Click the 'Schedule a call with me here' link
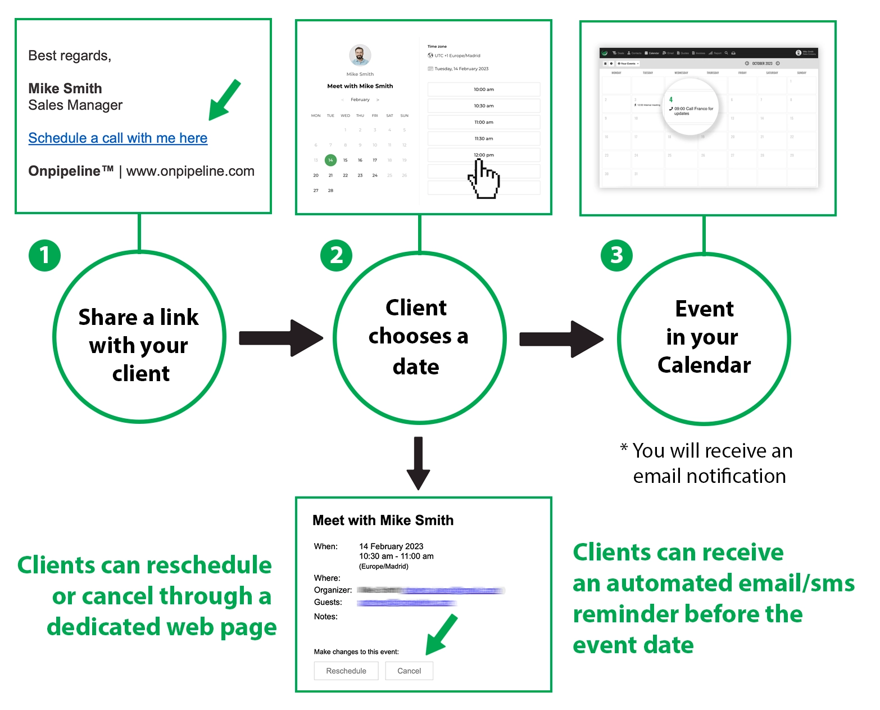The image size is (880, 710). (117, 138)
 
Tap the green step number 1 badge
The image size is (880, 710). (44, 256)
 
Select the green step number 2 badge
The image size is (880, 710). (336, 256)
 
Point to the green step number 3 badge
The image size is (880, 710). (616, 256)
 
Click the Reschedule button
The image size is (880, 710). (346, 671)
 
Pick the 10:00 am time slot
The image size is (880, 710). (483, 89)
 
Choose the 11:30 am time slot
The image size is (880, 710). (483, 138)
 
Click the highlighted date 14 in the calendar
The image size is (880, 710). (330, 160)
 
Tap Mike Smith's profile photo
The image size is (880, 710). (360, 56)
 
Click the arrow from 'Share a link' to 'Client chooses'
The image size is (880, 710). (280, 338)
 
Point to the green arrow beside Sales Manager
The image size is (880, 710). (224, 101)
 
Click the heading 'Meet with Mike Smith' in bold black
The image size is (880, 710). (383, 521)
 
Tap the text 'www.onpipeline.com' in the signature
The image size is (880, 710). (190, 171)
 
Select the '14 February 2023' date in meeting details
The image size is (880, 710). (391, 546)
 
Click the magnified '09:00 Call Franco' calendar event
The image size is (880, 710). (692, 110)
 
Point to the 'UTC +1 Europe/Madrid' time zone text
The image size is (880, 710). (457, 56)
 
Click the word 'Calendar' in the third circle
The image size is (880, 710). (704, 365)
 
